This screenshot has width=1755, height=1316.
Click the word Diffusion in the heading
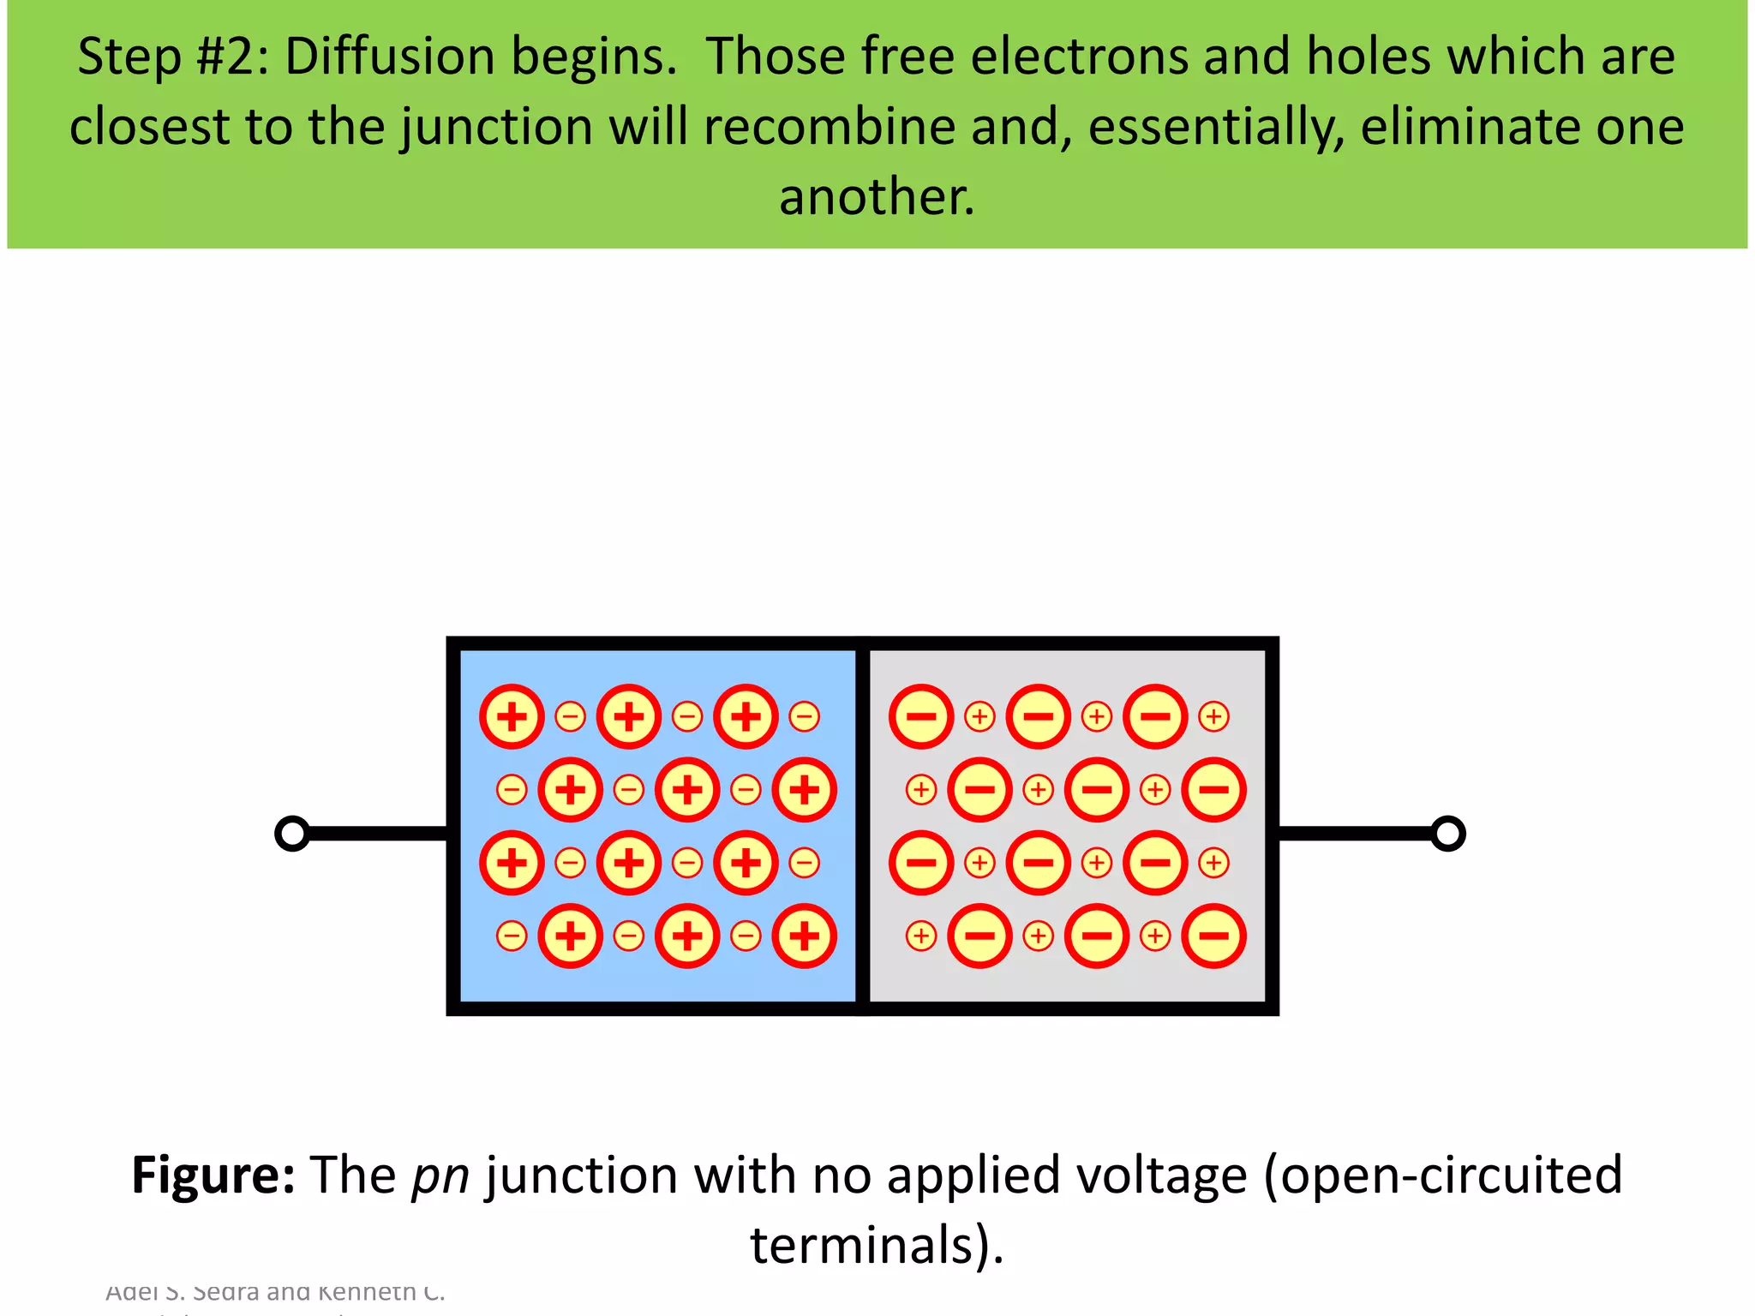(x=390, y=57)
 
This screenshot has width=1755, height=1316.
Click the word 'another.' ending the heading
(x=877, y=196)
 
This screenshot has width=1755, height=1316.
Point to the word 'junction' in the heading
(x=498, y=127)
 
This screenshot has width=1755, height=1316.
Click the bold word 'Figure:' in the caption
(x=213, y=1175)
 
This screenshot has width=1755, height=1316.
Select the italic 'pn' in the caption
(x=440, y=1175)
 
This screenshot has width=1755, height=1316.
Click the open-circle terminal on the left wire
(x=292, y=834)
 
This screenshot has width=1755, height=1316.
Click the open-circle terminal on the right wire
(x=1447, y=834)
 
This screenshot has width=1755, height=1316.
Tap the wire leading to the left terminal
(x=377, y=834)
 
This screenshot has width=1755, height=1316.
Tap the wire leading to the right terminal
(x=1354, y=834)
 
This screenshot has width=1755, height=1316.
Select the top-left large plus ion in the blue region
(x=512, y=716)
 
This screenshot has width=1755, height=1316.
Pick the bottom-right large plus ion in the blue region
(x=804, y=936)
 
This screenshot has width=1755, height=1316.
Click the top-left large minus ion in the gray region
(x=921, y=716)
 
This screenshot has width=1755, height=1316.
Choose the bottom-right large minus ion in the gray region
(x=1213, y=936)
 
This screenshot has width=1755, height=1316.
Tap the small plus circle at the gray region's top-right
(x=1213, y=716)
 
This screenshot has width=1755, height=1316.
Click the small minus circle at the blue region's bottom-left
(x=512, y=936)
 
